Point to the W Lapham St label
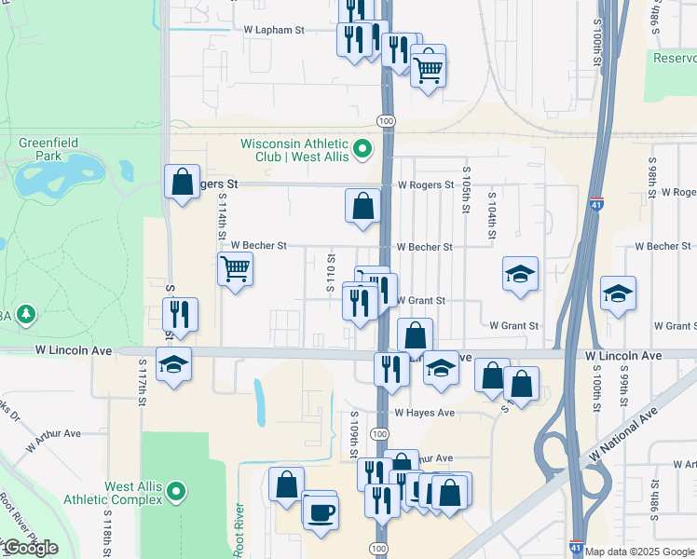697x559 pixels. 274,31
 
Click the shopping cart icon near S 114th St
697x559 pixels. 235,269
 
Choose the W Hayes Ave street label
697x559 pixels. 424,413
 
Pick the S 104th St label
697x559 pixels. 490,220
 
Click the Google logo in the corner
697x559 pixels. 31,548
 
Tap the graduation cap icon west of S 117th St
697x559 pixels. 173,365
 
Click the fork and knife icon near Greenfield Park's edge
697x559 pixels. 181,314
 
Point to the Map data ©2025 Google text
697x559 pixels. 639,552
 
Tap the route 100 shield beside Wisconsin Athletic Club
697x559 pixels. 384,121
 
